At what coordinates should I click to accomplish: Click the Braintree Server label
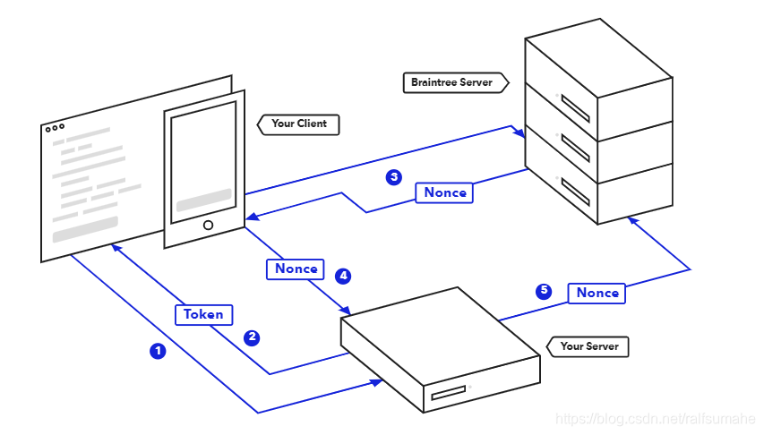coord(452,82)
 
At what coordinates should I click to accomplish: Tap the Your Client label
coord(299,124)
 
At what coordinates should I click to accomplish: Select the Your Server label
coord(588,345)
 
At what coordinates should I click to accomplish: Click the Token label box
coord(203,314)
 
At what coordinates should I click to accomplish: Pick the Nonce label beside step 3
coord(444,192)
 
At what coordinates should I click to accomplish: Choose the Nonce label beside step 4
coord(296,269)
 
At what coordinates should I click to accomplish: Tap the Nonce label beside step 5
coord(597,293)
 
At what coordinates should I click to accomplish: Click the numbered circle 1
coord(158,351)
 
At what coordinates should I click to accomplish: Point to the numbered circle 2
coord(253,337)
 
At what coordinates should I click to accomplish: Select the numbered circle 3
coord(393,177)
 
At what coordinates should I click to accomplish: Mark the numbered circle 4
coord(342,276)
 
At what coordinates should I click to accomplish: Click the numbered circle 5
coord(543,291)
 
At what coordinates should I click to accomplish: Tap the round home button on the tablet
coord(208,226)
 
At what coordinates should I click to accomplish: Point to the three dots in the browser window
coord(55,128)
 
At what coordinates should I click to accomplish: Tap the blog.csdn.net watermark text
coord(657,419)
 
